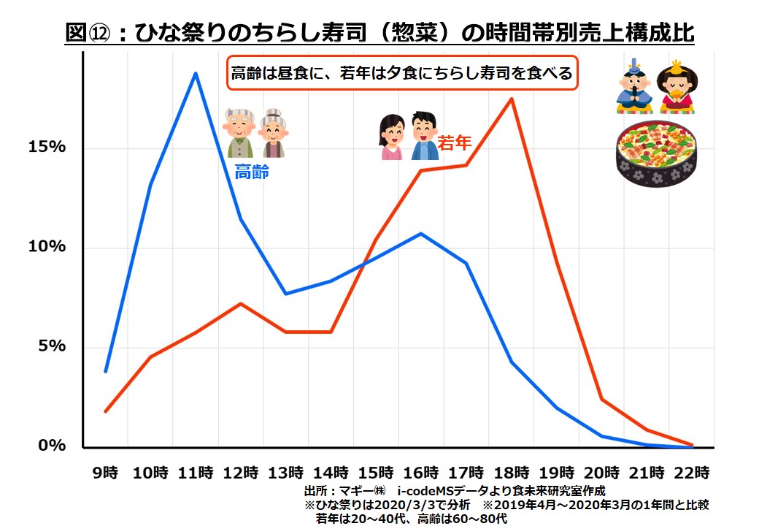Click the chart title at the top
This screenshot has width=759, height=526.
(x=379, y=33)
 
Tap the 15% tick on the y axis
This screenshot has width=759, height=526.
(x=47, y=148)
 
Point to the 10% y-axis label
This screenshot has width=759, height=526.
(x=47, y=247)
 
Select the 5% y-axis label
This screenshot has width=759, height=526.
(x=52, y=346)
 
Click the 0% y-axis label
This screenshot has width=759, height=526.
(x=52, y=446)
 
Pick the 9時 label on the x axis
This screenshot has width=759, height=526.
(x=106, y=471)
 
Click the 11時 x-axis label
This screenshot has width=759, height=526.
(x=196, y=471)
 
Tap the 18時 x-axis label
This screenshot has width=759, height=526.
(x=512, y=471)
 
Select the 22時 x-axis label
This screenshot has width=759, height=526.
(x=691, y=471)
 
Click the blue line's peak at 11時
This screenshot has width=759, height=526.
(x=196, y=73)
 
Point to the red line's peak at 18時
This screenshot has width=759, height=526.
(x=512, y=99)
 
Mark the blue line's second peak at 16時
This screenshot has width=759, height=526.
(x=421, y=234)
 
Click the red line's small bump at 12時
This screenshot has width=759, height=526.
(x=241, y=303)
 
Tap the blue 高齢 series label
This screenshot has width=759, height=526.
(x=251, y=172)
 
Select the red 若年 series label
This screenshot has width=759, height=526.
(x=454, y=143)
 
